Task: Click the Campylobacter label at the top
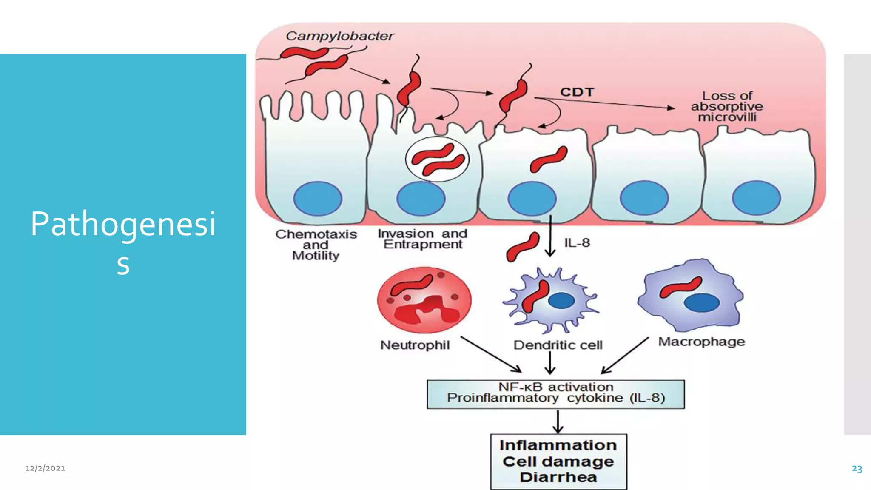tap(340, 36)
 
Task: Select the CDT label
tap(577, 92)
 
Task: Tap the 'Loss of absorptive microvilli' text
tap(727, 106)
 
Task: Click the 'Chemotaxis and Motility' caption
tap(316, 245)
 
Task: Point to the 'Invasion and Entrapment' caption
tap(422, 239)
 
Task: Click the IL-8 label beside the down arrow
tap(577, 243)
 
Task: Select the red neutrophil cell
tap(424, 300)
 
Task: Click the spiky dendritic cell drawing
tap(550, 300)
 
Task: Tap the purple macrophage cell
tap(691, 295)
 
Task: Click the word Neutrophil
tap(415, 345)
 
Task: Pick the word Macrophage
tap(701, 342)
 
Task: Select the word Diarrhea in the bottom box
tap(558, 477)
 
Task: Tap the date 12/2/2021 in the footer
tap(45, 468)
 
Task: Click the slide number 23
tap(857, 469)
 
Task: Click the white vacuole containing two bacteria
tap(437, 160)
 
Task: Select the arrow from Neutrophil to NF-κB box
tap(491, 354)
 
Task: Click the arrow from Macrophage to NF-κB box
tap(624, 356)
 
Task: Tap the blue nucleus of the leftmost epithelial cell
tap(317, 198)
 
